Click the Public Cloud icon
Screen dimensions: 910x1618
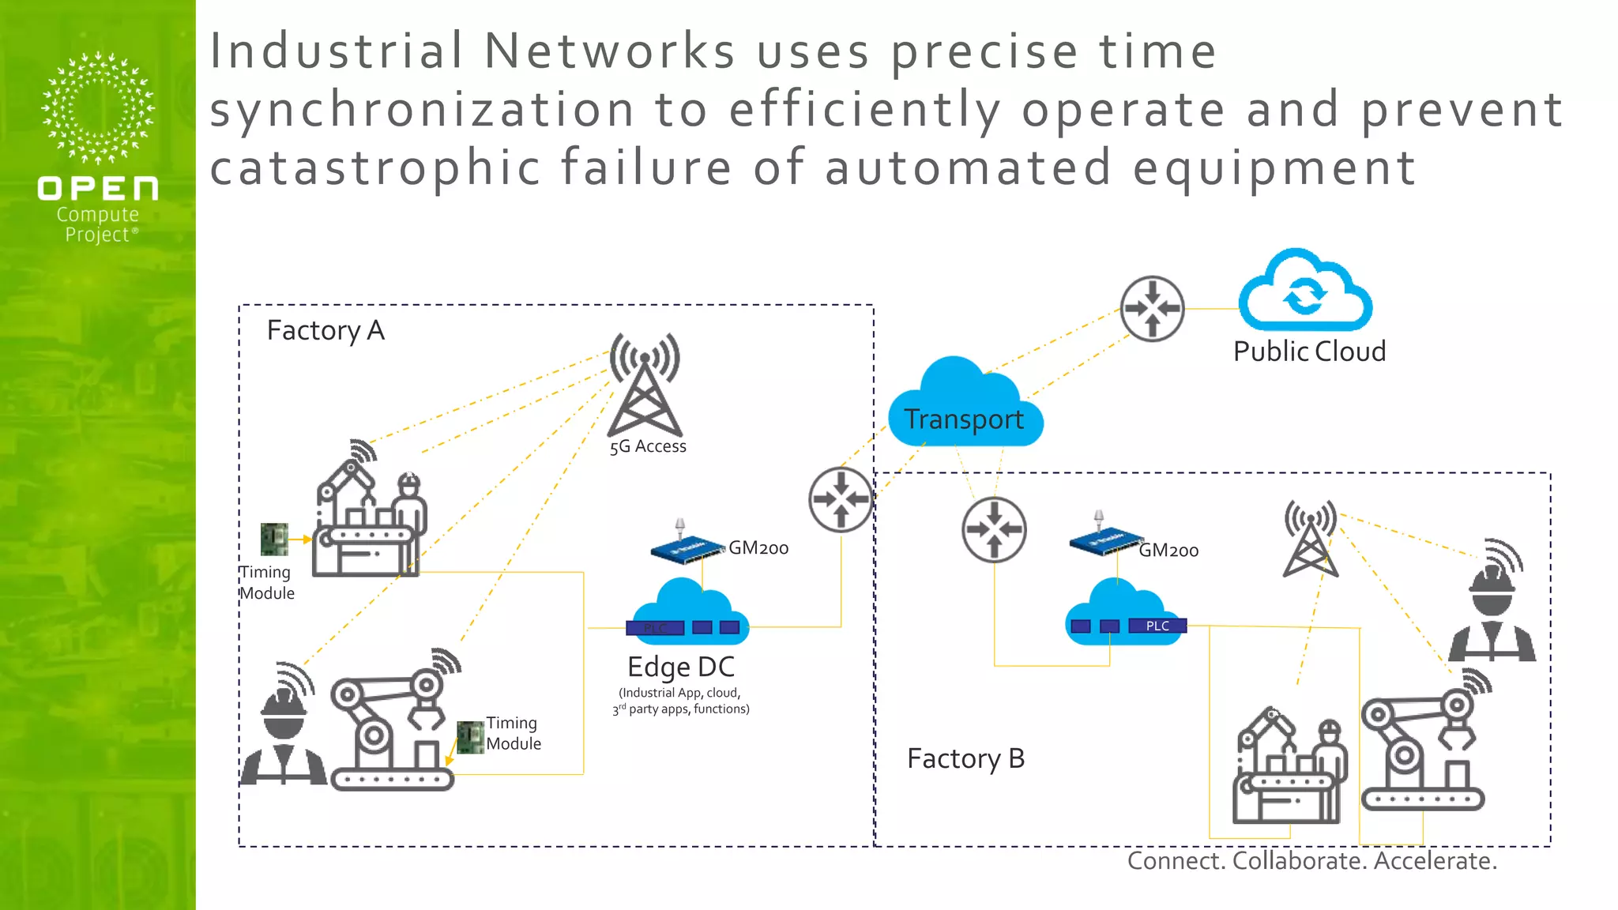[x=1304, y=291]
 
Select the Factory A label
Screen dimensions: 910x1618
[x=325, y=330]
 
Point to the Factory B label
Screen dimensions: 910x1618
[x=965, y=758]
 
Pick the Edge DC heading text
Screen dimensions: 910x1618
[x=681, y=667]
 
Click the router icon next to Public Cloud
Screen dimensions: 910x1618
[x=1152, y=308]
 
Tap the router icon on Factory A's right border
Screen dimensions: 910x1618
[x=841, y=499]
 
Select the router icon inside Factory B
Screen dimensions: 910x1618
[x=994, y=529]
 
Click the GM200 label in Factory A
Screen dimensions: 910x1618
[x=758, y=547]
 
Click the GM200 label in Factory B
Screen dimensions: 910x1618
[x=1168, y=551]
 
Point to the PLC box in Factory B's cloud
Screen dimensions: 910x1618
[x=1157, y=626]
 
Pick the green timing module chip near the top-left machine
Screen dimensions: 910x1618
[x=274, y=539]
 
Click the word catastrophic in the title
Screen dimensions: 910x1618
[x=375, y=167]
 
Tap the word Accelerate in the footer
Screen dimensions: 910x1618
[x=1435, y=860]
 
